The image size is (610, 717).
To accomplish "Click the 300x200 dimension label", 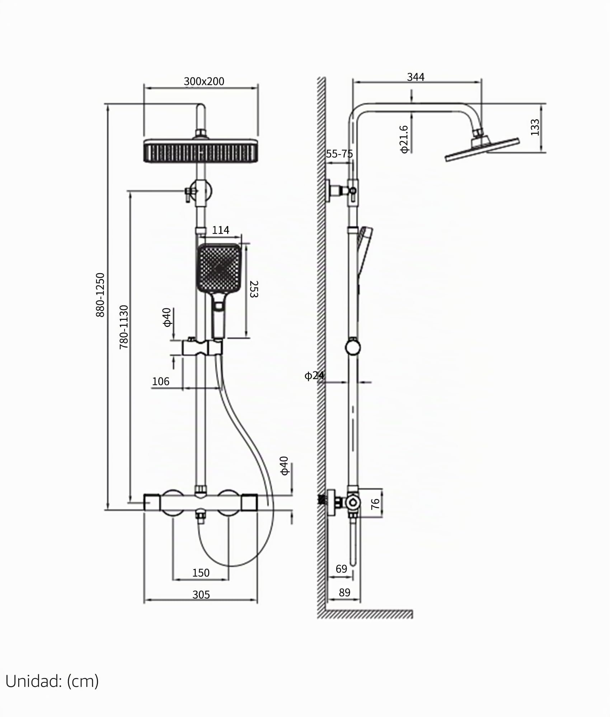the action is point(204,81).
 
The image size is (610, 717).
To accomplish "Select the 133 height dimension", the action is point(535,127).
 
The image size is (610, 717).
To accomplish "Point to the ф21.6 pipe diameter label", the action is point(404,139).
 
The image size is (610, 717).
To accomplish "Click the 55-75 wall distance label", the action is point(339,154).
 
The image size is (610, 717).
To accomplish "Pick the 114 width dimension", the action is point(220,230).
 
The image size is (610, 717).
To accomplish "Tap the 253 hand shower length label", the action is point(254,289).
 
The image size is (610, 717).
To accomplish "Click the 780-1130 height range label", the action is point(123,327).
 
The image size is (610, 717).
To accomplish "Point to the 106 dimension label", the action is point(160,381).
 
